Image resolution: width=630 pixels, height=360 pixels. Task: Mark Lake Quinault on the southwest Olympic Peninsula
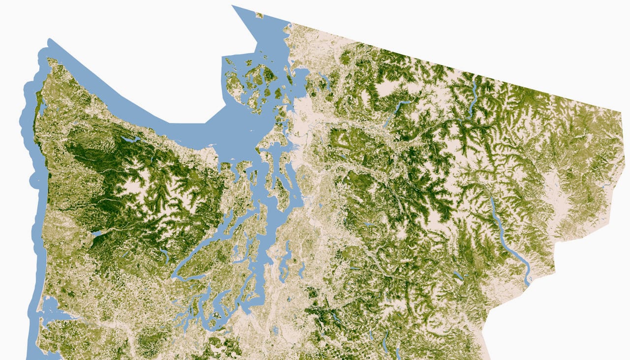[96, 233]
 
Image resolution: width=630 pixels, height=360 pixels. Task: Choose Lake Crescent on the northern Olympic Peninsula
[130, 139]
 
